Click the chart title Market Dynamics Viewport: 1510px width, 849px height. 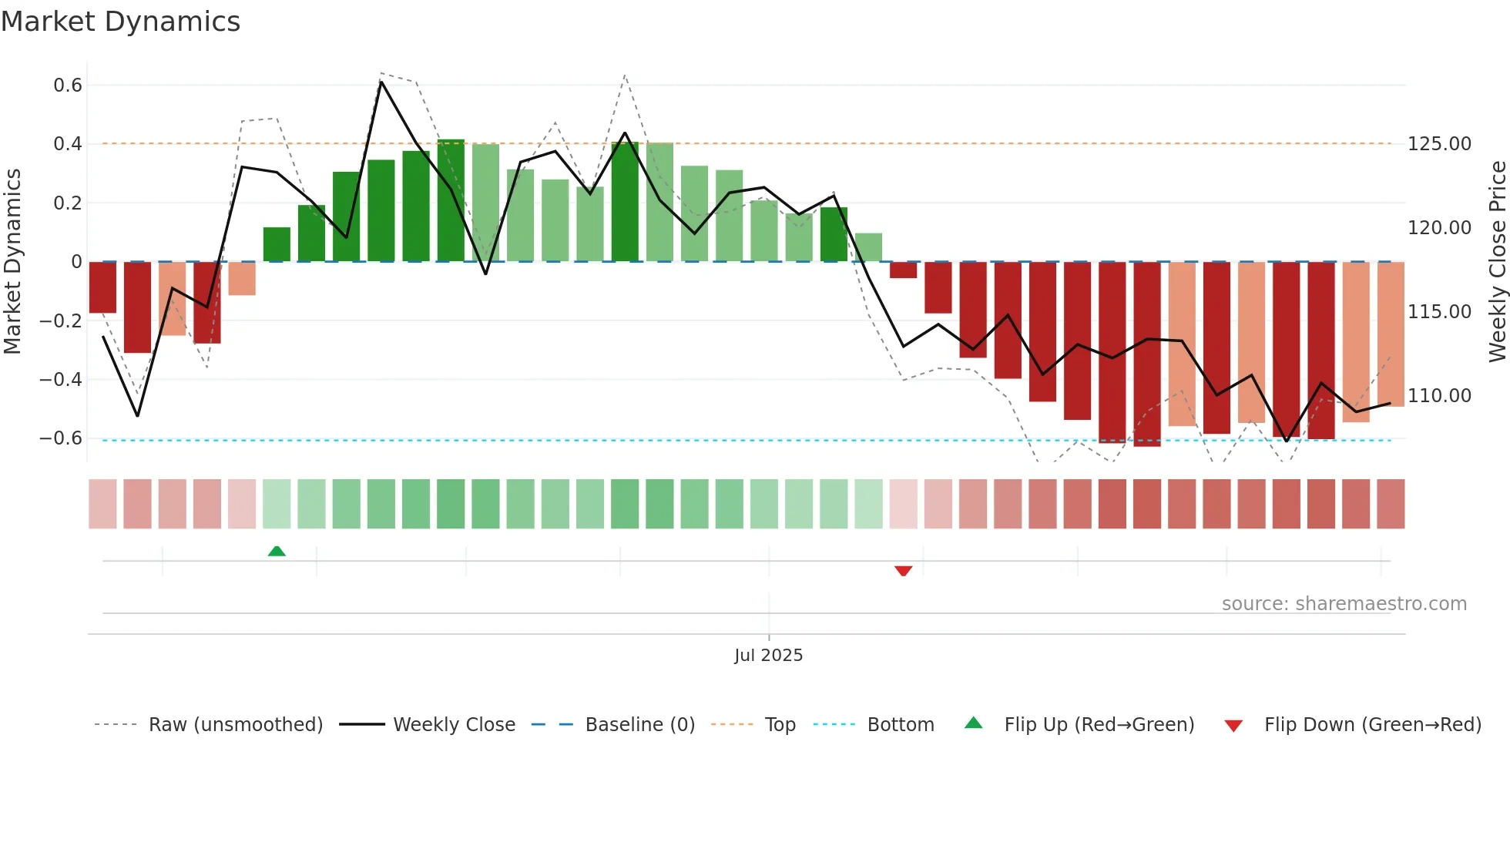(120, 22)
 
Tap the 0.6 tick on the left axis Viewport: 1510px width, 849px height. (68, 85)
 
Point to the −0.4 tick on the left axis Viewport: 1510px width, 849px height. (61, 379)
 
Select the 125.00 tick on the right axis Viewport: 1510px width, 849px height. (1439, 144)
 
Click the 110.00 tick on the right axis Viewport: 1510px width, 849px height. (1439, 396)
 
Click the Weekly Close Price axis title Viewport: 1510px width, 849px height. (1497, 262)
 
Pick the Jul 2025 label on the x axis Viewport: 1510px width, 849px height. (768, 656)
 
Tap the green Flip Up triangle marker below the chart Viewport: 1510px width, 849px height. (277, 551)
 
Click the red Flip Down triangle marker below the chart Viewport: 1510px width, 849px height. (903, 571)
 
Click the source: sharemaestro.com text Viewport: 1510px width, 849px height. (1344, 604)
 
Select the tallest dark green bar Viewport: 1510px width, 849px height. (451, 200)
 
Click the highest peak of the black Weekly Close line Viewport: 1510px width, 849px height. (381, 81)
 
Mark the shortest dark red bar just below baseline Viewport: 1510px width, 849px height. (903, 270)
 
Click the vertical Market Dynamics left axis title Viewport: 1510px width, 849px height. (12, 262)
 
